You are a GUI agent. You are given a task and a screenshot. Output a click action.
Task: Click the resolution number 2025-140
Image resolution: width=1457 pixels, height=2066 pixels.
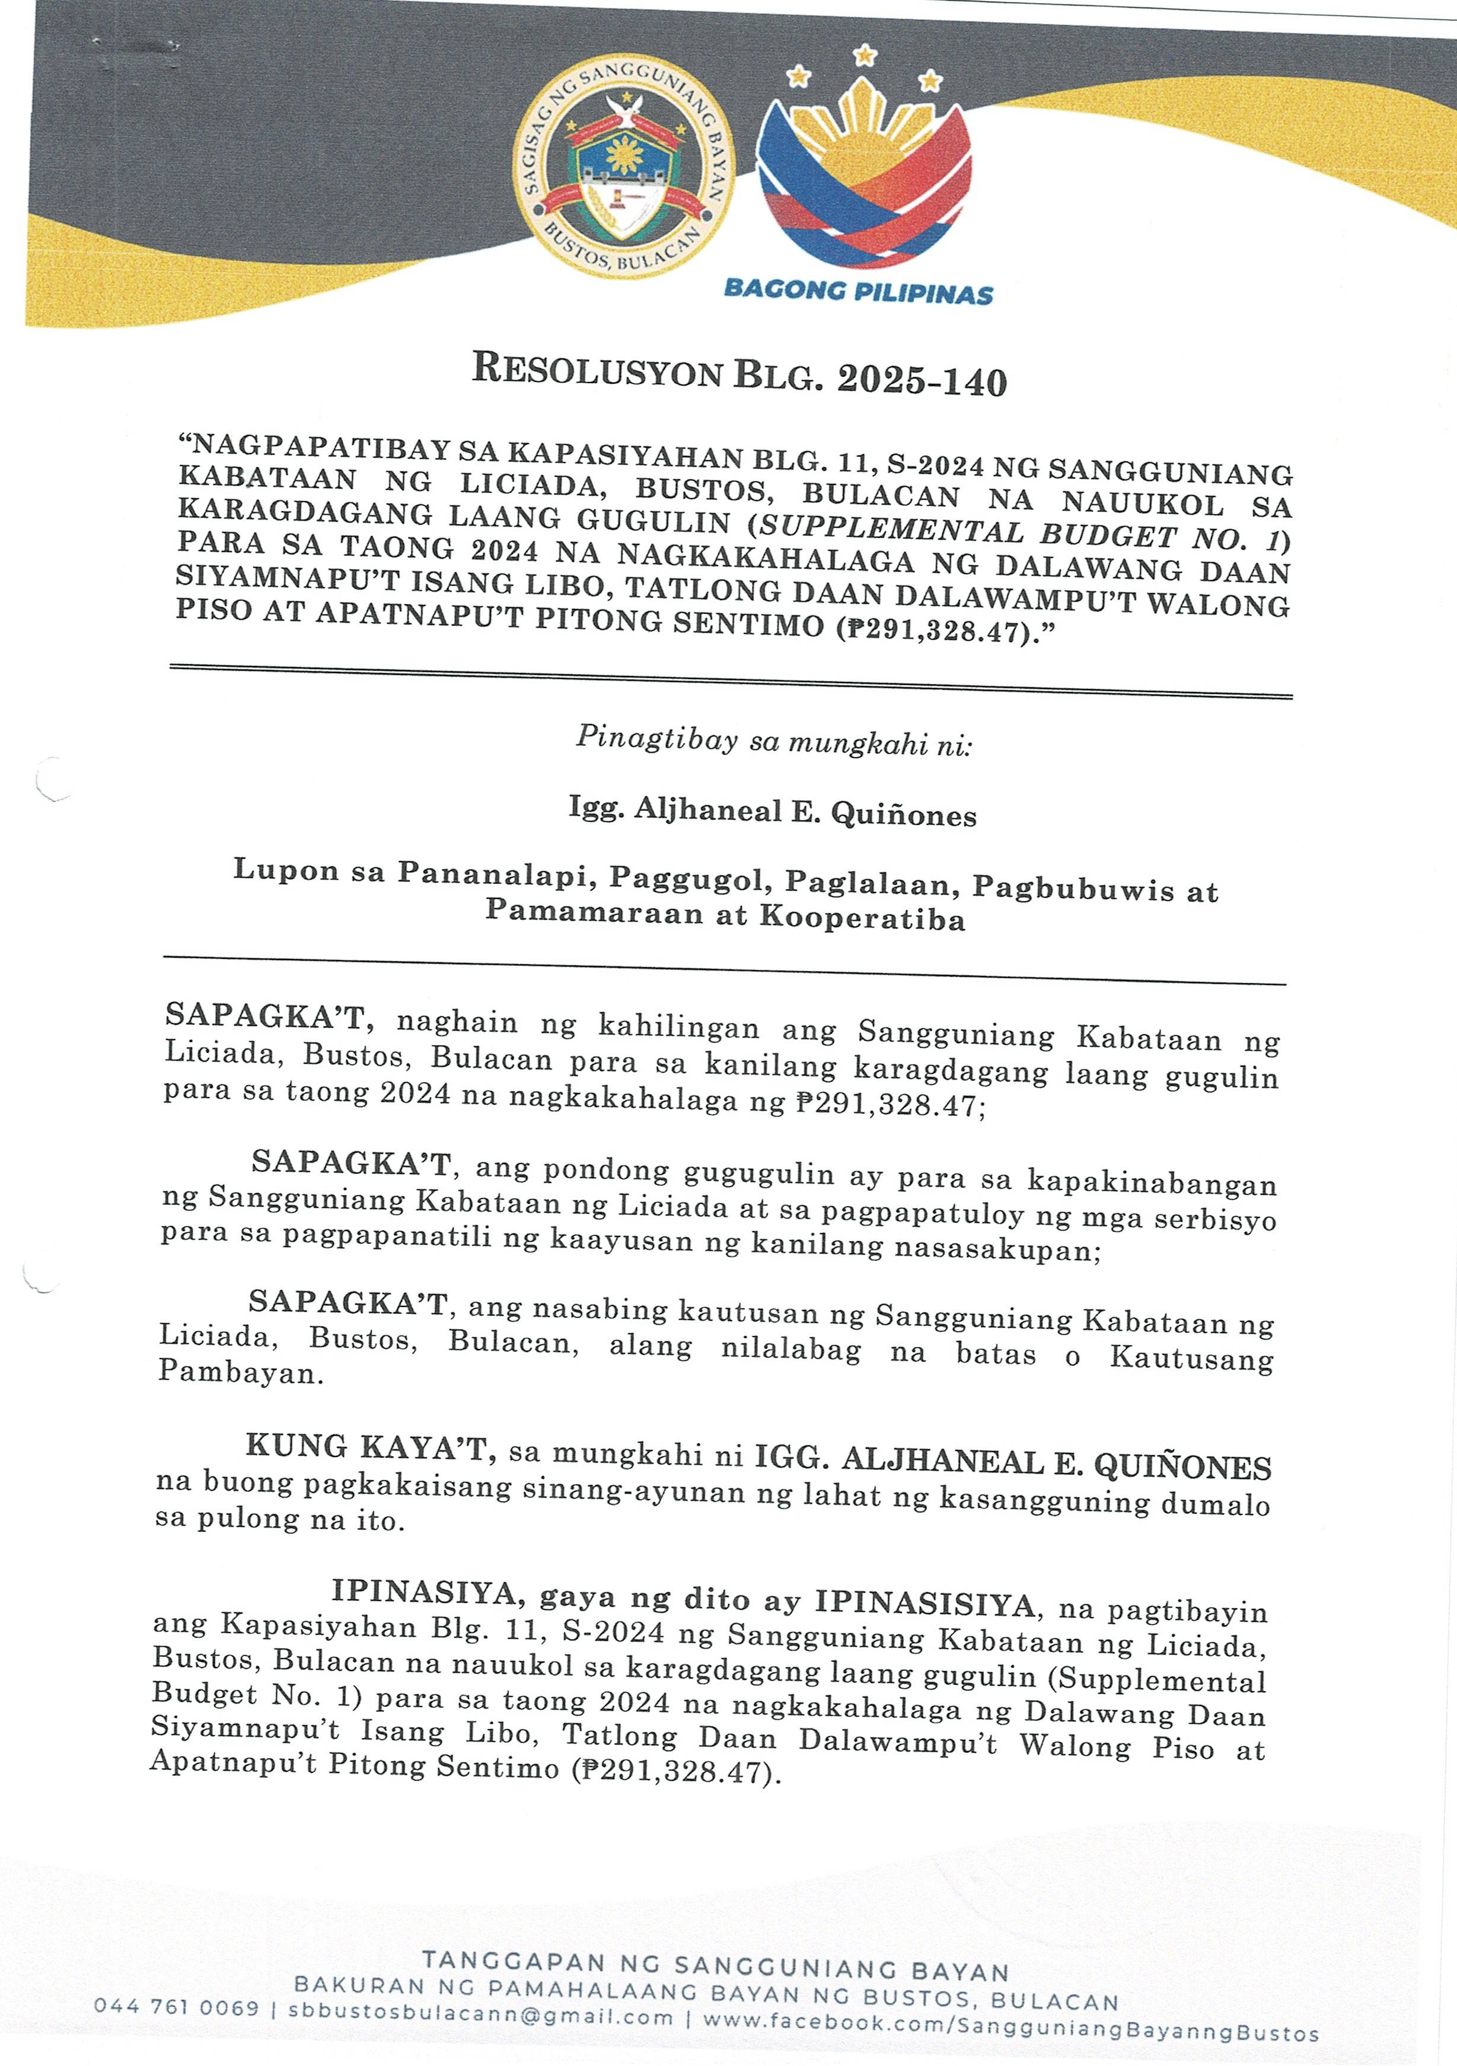pyautogui.click(x=922, y=381)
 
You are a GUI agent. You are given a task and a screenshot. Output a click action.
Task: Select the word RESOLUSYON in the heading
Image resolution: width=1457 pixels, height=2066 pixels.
pyautogui.click(x=598, y=370)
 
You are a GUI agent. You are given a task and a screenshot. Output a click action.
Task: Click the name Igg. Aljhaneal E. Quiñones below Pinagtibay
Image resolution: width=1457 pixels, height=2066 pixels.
pyautogui.click(x=772, y=812)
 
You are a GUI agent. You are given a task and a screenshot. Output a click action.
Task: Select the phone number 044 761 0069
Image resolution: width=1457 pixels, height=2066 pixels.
pyautogui.click(x=176, y=2007)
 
